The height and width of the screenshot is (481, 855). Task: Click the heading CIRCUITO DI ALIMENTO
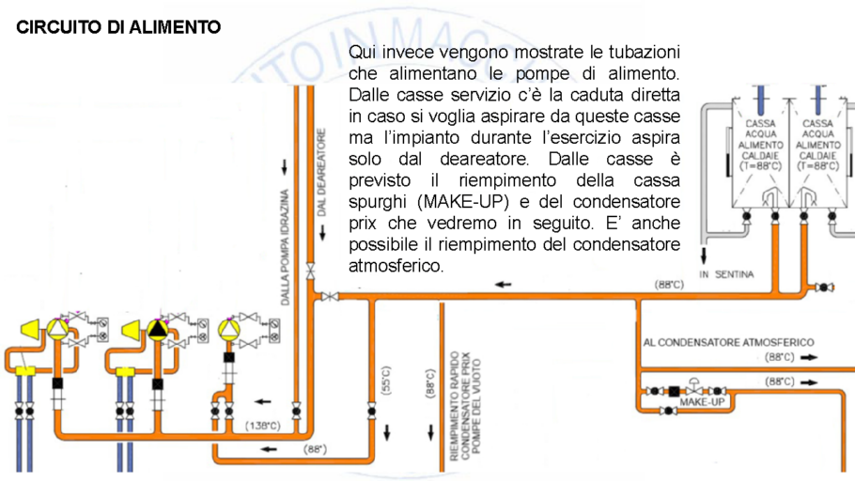point(118,26)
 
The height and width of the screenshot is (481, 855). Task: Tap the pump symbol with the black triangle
point(158,330)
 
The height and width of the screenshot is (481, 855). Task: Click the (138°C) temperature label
point(263,426)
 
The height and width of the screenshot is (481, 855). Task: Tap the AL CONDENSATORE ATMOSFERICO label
point(728,342)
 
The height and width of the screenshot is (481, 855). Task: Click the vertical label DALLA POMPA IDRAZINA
point(286,248)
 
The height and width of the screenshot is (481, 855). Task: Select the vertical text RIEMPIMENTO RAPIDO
point(453,405)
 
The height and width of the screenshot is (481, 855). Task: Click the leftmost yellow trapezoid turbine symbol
point(28,330)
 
